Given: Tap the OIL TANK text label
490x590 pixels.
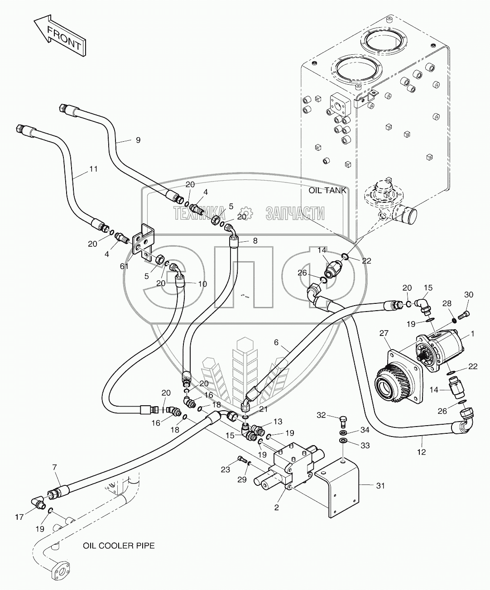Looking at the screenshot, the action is [327, 191].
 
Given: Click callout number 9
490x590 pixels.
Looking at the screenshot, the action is [138, 140].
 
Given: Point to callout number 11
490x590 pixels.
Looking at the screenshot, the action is [94, 169].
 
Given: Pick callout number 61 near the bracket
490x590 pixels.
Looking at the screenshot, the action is [125, 266].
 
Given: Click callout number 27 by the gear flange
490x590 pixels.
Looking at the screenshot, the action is [384, 333].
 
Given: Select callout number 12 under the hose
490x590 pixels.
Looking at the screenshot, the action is [421, 452].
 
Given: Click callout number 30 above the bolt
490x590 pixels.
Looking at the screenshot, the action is [469, 295].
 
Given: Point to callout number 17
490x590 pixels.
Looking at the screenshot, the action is [19, 517].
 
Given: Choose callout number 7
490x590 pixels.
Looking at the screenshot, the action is [54, 467].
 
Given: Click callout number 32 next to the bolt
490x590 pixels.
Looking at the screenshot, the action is [321, 415].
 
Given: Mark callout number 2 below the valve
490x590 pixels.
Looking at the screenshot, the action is [276, 508].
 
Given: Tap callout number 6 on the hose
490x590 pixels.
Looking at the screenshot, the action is [276, 342].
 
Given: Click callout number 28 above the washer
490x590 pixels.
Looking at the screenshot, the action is [447, 303].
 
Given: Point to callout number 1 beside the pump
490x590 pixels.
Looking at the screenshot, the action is [472, 334].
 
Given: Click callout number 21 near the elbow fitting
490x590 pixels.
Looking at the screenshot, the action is [264, 409].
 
